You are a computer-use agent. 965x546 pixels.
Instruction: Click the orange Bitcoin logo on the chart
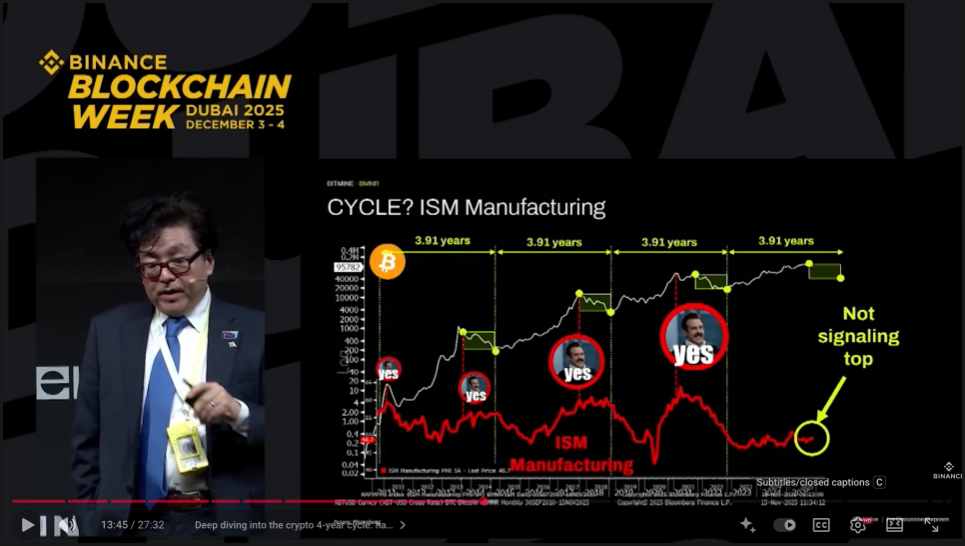[387, 262]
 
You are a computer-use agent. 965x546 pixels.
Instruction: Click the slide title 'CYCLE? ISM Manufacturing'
[467, 208]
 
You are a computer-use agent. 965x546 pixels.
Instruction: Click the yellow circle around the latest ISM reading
[812, 437]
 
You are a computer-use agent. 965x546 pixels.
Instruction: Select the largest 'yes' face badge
[693, 337]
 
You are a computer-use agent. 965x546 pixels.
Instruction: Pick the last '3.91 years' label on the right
[785, 241]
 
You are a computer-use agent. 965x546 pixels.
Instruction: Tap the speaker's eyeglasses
[170, 266]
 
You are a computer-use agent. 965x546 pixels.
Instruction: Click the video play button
[28, 524]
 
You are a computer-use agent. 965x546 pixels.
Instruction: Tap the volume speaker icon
[66, 524]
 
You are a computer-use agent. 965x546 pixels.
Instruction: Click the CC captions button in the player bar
[821, 524]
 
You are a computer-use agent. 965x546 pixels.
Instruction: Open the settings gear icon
[857, 524]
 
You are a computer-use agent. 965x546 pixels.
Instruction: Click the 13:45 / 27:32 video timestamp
[132, 524]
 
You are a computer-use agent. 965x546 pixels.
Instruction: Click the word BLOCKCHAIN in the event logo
[180, 87]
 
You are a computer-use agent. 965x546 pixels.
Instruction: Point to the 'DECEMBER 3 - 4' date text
[235, 124]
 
